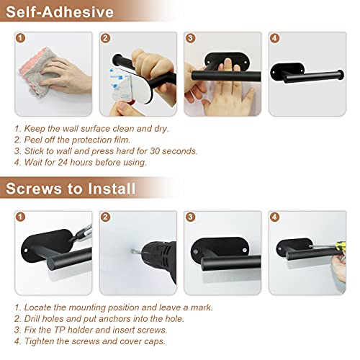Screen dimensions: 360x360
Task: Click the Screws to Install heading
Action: click(69, 189)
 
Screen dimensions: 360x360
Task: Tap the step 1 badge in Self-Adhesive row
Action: click(21, 39)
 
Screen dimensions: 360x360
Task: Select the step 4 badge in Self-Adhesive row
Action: click(274, 39)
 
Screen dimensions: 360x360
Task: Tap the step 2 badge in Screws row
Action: click(106, 217)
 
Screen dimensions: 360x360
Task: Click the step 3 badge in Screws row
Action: click(190, 217)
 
